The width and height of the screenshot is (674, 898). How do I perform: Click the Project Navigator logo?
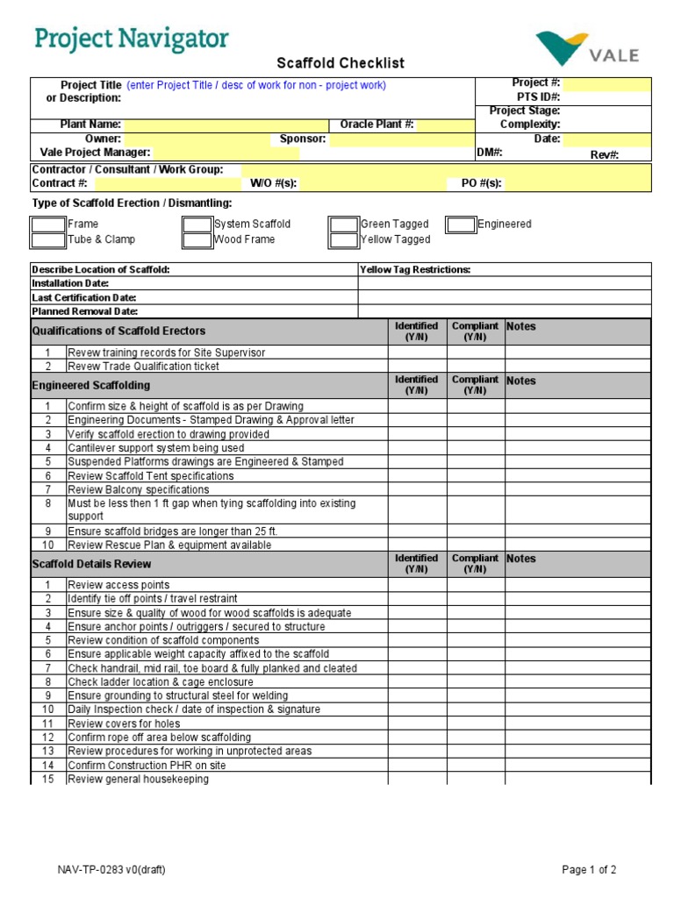point(132,39)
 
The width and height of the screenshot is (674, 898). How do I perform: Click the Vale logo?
point(587,50)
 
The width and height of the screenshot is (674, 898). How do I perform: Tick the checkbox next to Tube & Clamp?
point(49,239)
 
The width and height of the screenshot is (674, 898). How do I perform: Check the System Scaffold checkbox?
point(197,224)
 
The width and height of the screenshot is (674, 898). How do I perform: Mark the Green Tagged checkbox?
point(344,224)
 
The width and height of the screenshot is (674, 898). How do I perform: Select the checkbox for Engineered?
point(461,224)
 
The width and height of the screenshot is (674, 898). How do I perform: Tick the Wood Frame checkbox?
point(197,239)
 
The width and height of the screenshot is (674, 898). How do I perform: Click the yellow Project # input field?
point(606,84)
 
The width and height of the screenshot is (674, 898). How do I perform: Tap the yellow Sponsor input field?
point(401,139)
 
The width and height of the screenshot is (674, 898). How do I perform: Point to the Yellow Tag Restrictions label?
point(415,270)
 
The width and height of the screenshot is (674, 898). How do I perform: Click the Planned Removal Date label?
point(85,311)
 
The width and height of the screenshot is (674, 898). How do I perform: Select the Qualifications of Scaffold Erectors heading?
point(118,331)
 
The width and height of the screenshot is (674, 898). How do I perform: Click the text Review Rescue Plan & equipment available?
point(169,545)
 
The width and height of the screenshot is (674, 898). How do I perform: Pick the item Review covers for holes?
point(124,723)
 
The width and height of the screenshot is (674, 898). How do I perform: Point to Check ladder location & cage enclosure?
point(161,682)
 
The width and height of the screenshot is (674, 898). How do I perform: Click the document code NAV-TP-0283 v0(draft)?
point(111,870)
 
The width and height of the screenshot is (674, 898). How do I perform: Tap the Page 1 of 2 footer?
point(589,870)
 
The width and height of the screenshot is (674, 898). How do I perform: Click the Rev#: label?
point(605,154)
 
